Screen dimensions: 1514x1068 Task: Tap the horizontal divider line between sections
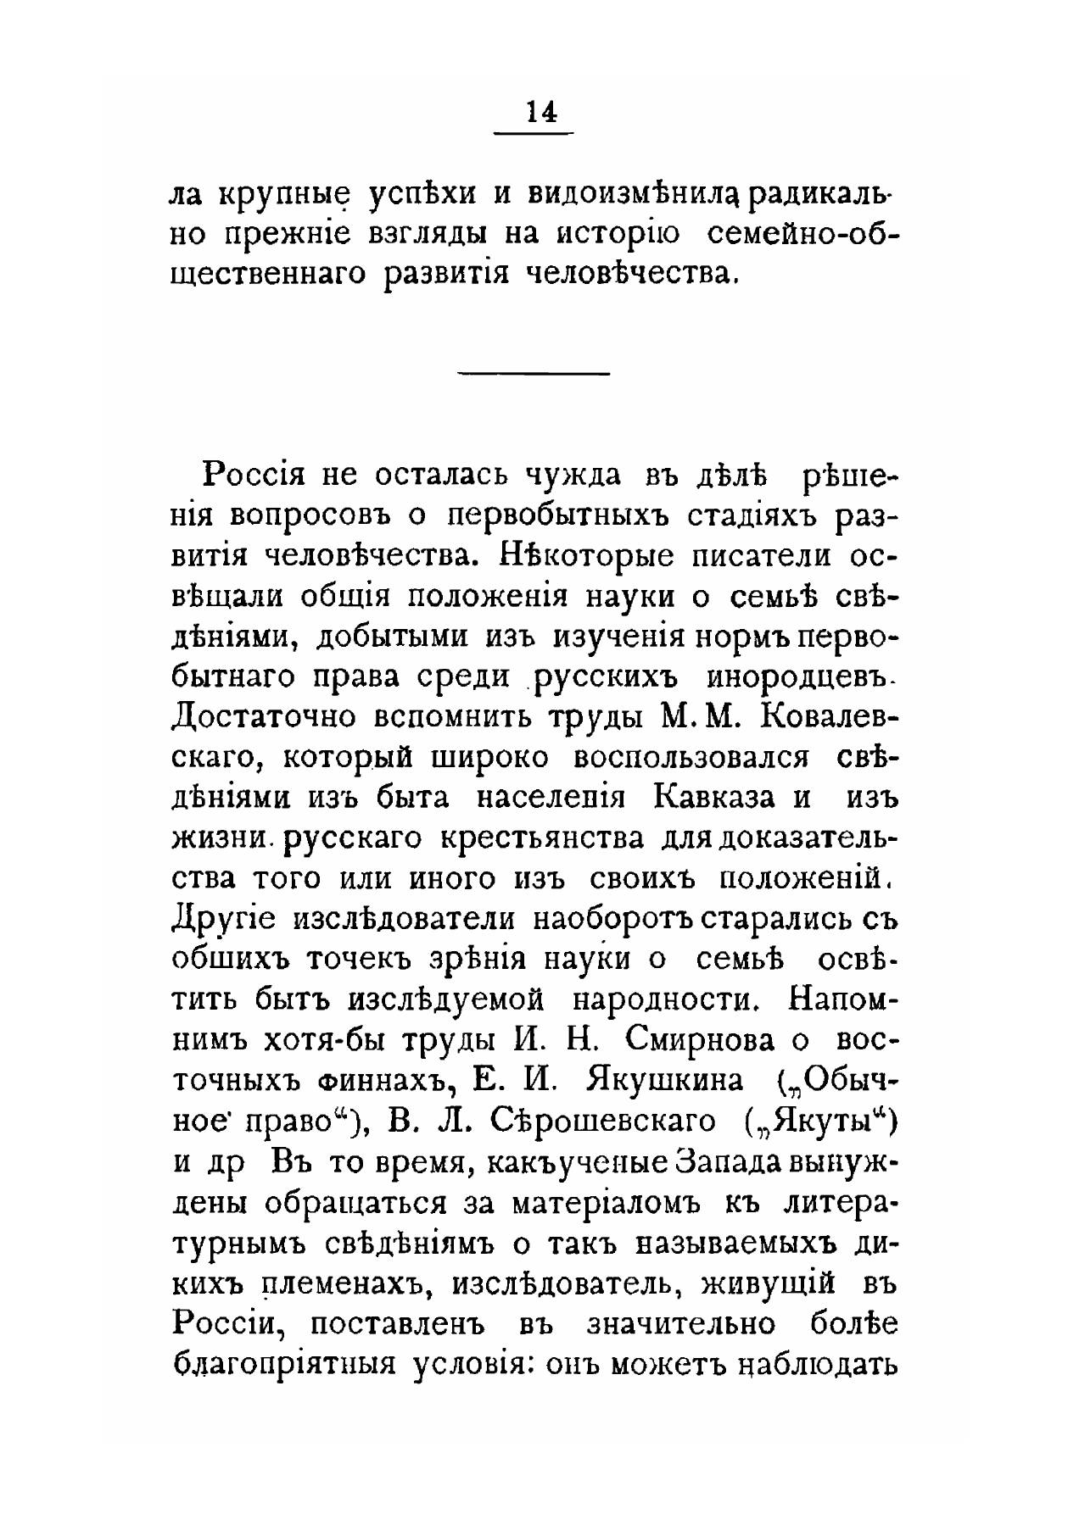[x=534, y=374]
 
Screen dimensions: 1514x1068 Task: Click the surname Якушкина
[x=664, y=1081]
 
